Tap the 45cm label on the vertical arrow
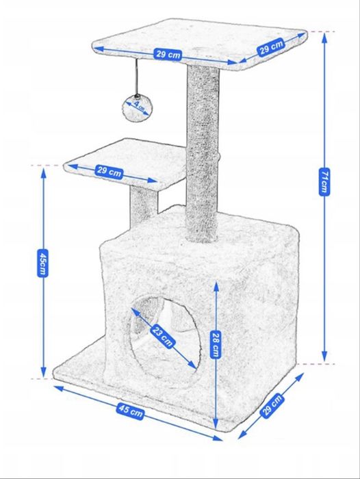pyautogui.click(x=43, y=263)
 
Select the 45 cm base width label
pyautogui.click(x=130, y=411)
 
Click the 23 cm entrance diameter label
pyautogui.click(x=163, y=336)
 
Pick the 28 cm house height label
pyautogui.click(x=216, y=344)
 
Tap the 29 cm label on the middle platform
pyautogui.click(x=110, y=172)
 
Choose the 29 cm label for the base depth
pyautogui.click(x=272, y=405)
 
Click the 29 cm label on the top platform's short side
pyautogui.click(x=272, y=47)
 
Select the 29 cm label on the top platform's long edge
pyautogui.click(x=168, y=54)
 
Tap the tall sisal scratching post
pyautogui.click(x=203, y=153)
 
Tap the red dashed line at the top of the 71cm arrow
pyautogui.click(x=321, y=31)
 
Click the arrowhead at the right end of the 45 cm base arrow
pyautogui.click(x=218, y=438)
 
